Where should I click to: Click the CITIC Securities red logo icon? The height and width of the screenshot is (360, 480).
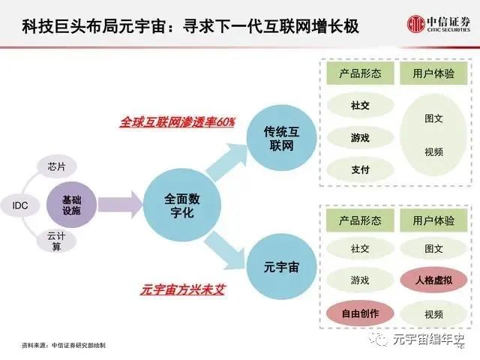click(416, 23)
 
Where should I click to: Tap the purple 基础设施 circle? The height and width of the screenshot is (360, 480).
click(72, 205)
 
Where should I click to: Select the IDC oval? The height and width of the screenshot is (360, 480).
click(20, 205)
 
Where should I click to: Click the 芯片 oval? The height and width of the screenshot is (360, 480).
click(57, 166)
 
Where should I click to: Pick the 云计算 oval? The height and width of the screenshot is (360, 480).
click(56, 241)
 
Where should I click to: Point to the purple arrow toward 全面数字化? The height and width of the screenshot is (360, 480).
click(120, 205)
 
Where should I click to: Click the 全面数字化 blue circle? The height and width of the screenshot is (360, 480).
click(182, 205)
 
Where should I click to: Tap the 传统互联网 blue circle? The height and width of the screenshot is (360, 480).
click(282, 139)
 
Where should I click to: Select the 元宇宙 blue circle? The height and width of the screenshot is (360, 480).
click(282, 267)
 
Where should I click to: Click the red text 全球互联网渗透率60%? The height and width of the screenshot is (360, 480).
click(177, 122)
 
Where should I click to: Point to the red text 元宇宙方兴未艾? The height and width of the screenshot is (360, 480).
click(183, 289)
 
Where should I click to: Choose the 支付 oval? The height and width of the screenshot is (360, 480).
click(360, 169)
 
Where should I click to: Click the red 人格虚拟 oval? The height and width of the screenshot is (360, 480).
click(433, 280)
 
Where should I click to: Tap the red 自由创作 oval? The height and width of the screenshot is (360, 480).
click(360, 313)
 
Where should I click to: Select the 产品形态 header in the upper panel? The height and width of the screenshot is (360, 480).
click(360, 73)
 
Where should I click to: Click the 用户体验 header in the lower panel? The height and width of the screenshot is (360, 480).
click(433, 220)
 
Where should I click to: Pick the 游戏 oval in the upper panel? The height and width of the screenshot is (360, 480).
click(360, 138)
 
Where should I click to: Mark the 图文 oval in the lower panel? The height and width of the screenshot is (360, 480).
click(433, 248)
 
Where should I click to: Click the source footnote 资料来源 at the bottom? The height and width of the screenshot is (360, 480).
click(64, 345)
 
